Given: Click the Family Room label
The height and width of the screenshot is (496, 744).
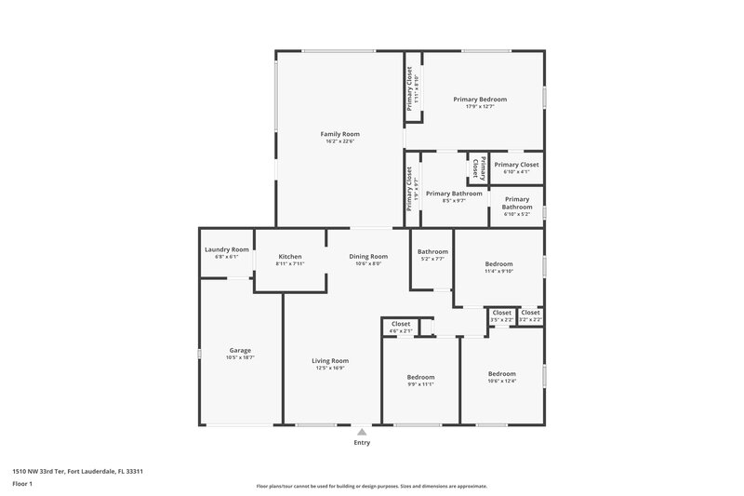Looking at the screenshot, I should (339, 134).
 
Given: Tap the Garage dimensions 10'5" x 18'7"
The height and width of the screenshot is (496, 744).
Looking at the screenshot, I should (240, 357).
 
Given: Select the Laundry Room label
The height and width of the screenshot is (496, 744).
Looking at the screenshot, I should (227, 249).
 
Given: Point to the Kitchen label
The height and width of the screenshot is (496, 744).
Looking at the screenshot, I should (290, 257).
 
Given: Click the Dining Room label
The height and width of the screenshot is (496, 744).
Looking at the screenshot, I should (368, 257).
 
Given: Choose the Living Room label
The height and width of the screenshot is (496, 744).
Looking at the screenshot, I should (330, 361).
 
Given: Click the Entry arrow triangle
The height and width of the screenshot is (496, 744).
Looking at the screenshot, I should (362, 432).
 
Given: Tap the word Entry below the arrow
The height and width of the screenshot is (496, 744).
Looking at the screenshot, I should (362, 442).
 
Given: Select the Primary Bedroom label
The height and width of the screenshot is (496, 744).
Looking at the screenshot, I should (480, 99).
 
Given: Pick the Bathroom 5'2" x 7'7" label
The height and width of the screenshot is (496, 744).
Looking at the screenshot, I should (432, 252).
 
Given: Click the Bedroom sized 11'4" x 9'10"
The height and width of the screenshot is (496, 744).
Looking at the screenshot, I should (498, 264).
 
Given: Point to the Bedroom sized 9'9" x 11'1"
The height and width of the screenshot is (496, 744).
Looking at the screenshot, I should (420, 377).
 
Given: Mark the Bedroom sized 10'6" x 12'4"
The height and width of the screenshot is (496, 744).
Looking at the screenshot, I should (502, 373).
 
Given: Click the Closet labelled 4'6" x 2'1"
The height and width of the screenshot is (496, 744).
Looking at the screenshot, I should (401, 324).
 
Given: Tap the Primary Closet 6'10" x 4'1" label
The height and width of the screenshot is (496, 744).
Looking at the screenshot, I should (516, 165).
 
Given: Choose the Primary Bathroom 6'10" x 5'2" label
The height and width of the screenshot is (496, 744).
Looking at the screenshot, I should (516, 198).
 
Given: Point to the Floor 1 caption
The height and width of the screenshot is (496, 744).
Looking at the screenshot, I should (23, 484).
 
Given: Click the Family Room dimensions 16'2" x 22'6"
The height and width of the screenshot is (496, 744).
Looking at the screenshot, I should (339, 141).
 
